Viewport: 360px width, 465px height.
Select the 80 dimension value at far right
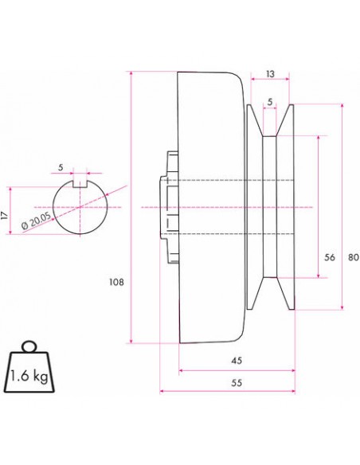[352, 257]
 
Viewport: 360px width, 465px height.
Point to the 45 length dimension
[236, 361]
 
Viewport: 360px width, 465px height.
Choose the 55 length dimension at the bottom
[236, 382]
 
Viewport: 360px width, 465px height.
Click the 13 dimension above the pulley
[271, 73]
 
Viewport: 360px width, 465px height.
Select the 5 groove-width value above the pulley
[271, 101]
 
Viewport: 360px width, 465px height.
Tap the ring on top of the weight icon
[29, 346]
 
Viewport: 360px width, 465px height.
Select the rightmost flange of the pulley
[290, 207]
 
